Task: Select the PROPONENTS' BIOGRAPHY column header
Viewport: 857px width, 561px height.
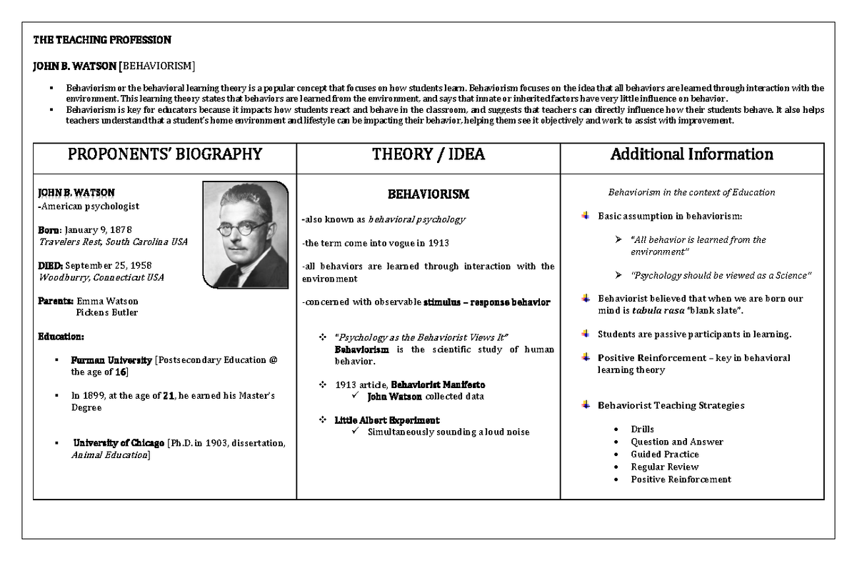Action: pos(165,154)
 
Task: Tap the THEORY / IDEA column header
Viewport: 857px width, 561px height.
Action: pos(428,154)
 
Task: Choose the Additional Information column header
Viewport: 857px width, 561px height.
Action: pos(691,154)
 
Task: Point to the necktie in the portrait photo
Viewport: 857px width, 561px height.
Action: pos(246,275)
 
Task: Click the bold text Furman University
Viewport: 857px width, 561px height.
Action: pos(111,360)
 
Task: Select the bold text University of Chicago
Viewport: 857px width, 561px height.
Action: pos(119,442)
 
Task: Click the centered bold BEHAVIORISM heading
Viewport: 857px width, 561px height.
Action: pos(428,194)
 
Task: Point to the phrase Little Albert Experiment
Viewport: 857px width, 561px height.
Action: pos(387,420)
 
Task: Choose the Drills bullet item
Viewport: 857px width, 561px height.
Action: pos(642,430)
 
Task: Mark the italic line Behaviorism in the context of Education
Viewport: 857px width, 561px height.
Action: pos(691,192)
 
